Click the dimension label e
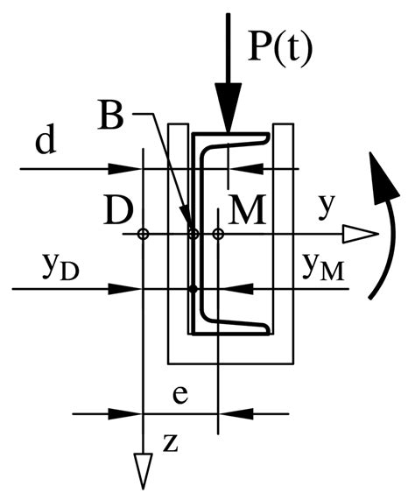click(179, 395)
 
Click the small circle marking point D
click(143, 234)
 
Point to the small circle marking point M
click(219, 234)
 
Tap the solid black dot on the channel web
click(194, 288)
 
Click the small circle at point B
click(194, 234)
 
